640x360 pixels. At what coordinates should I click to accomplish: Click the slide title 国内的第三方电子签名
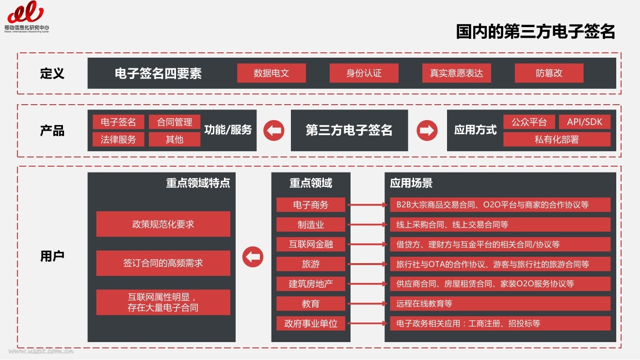(535, 31)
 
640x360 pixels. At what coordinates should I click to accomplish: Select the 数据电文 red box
(271, 73)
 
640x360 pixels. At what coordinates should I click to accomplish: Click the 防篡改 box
(549, 73)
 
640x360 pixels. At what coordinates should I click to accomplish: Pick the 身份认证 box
(364, 73)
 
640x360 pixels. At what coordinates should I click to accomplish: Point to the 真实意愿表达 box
(456, 73)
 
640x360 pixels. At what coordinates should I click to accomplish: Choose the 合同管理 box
(174, 122)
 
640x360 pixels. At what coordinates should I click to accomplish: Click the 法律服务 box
(118, 140)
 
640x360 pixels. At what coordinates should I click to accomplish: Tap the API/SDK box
(585, 122)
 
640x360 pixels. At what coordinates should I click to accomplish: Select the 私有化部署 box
(557, 140)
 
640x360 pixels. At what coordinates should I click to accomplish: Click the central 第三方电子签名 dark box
(349, 130)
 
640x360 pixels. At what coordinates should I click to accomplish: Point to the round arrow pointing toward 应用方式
(427, 130)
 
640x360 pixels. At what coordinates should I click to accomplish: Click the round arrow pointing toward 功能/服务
(273, 130)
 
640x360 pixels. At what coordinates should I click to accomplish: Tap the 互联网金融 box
(311, 244)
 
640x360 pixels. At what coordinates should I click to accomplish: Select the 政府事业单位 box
(311, 324)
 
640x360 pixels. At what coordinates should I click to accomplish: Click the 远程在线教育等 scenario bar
(500, 304)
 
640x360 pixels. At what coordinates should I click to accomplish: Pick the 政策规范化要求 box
(163, 224)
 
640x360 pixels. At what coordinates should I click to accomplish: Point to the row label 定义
(52, 74)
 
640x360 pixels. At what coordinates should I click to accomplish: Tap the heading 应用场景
(411, 183)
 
